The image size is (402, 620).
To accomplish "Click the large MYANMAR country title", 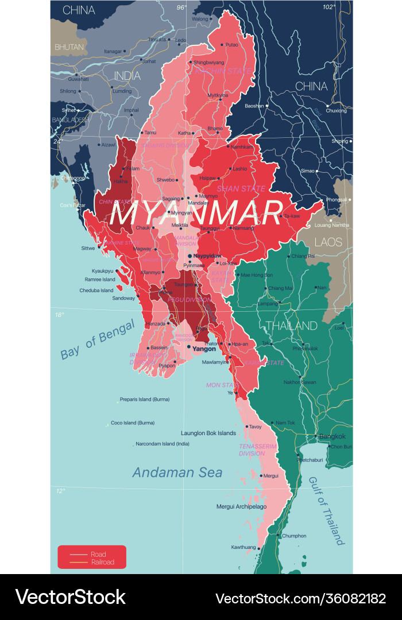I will point(196,214).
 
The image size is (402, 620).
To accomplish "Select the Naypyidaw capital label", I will point(207,255).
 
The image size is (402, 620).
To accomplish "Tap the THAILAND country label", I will point(291,325).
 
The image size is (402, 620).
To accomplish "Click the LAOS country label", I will point(328,242).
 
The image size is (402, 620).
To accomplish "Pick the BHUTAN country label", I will point(69,46).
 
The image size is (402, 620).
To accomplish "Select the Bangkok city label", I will point(333,436).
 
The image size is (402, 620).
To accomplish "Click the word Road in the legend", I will point(98,554).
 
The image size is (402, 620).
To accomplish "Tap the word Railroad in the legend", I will point(102,562).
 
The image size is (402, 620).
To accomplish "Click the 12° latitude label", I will point(60,490).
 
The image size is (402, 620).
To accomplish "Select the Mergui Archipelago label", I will point(241,506).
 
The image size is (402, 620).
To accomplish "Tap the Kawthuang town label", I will point(243,547).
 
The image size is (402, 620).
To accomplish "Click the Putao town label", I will point(231,44).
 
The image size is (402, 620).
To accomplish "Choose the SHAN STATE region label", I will point(241,188).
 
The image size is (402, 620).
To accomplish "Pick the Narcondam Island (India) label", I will point(163,444).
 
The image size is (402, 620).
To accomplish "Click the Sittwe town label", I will point(87,249).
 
